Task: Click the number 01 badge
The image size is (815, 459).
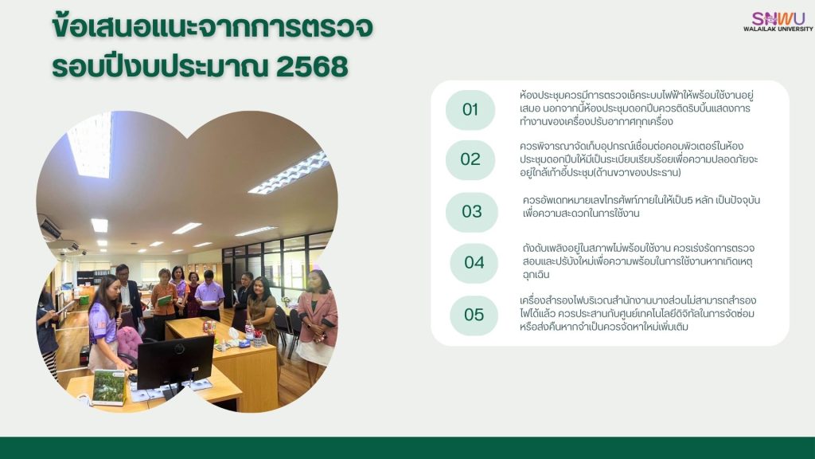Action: point(470,110)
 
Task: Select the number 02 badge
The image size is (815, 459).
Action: point(470,159)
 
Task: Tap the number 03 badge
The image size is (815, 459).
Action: point(472,212)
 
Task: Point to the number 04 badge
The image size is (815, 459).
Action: point(474,262)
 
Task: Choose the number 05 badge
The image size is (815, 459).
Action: point(474,315)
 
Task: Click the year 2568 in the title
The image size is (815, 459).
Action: point(312,67)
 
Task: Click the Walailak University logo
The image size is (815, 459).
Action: point(778,21)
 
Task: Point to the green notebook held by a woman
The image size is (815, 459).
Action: point(165,301)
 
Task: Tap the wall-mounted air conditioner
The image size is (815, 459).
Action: point(50,229)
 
